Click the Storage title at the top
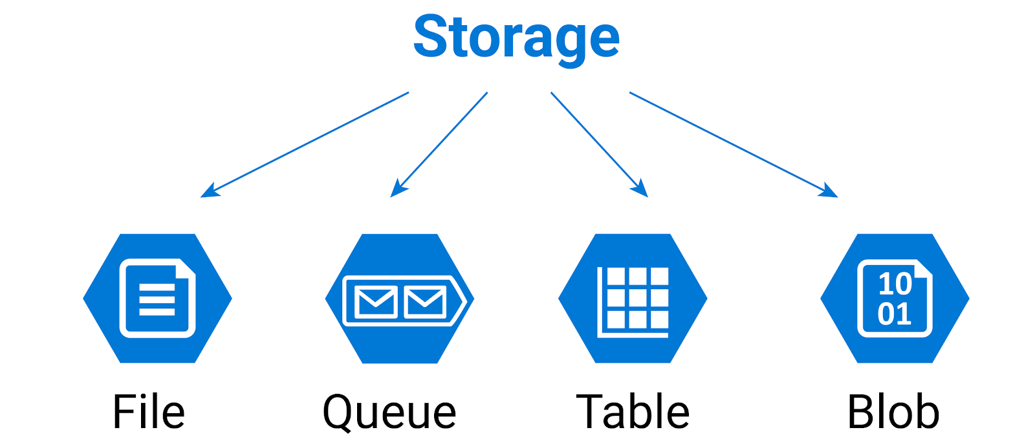click(x=516, y=37)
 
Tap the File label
click(x=149, y=412)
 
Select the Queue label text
click(x=389, y=412)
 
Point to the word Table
click(x=633, y=412)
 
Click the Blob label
click(x=893, y=412)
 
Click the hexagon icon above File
click(x=157, y=298)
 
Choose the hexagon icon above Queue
click(x=400, y=298)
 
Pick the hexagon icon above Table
click(x=633, y=298)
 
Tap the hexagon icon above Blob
click(x=895, y=298)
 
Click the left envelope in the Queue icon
click(x=376, y=301)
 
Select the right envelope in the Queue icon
click(x=424, y=301)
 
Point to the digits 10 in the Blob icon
click(x=895, y=283)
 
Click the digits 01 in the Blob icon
click(x=895, y=314)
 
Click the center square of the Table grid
click(x=638, y=298)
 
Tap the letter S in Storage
click(x=431, y=37)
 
